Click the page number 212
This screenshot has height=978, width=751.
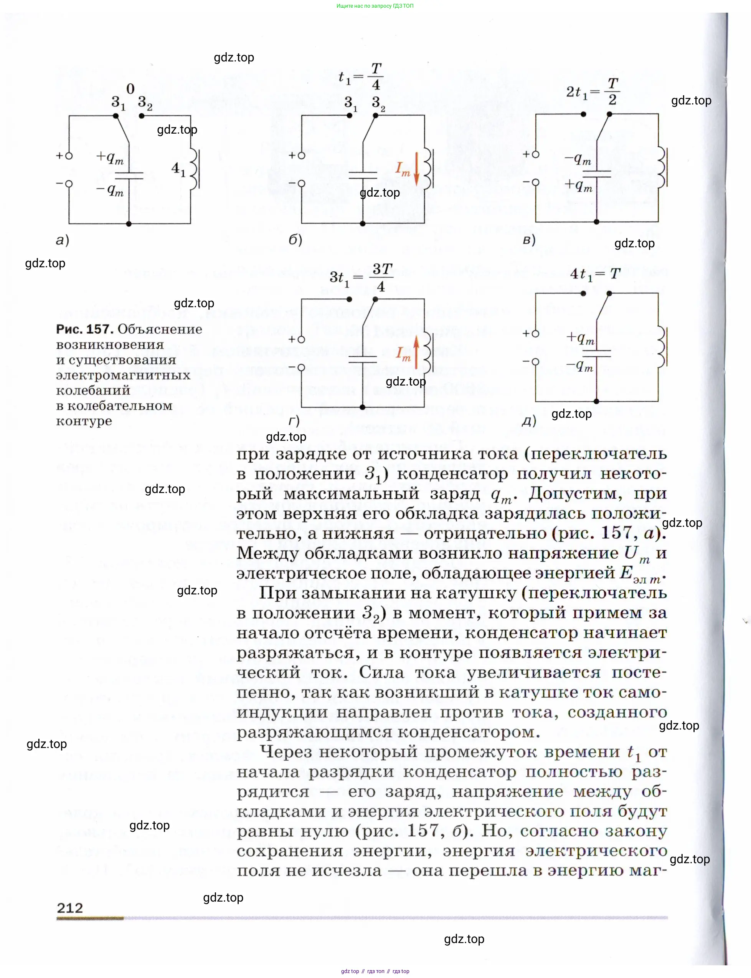tap(70, 908)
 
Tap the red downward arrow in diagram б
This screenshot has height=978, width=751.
tap(417, 169)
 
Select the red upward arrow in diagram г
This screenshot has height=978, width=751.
tap(416, 353)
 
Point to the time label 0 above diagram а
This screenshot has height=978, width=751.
tap(130, 89)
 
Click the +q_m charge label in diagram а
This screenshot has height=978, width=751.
tap(110, 157)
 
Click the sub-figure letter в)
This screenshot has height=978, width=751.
tap(529, 240)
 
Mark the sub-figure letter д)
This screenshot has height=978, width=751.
tap(529, 421)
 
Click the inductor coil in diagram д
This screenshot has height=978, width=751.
tap(662, 347)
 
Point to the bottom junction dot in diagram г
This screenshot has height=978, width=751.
tap(363, 407)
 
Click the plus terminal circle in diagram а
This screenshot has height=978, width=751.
tap(69, 156)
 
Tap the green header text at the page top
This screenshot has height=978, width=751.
tap(375, 6)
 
